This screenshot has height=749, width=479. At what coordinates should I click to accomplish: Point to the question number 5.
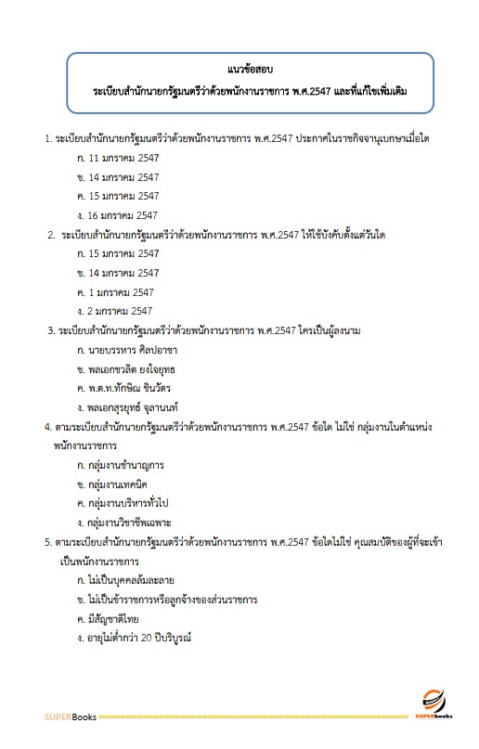(x=47, y=542)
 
